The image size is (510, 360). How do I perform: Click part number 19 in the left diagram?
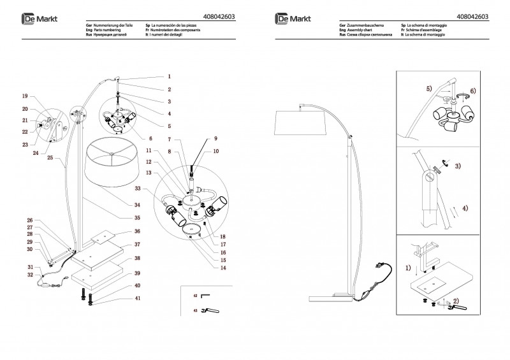(x=25, y=96)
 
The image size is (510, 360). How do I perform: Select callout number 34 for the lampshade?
(x=137, y=205)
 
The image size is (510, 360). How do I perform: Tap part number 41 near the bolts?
(x=137, y=298)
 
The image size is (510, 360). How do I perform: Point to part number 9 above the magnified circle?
(x=215, y=138)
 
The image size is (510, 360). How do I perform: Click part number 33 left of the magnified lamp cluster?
(x=137, y=189)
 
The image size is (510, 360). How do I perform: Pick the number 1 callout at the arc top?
(x=170, y=76)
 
